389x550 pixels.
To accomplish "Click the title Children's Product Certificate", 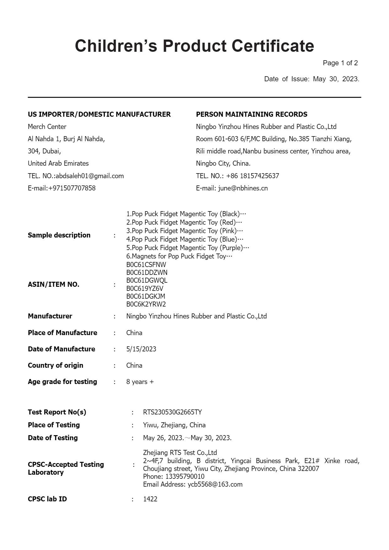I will click(194, 46).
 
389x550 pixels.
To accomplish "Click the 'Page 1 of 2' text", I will click(340, 63).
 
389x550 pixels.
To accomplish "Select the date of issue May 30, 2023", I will click(336, 79).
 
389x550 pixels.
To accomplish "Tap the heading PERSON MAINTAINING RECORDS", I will click(252, 114).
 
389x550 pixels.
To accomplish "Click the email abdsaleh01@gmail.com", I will click(90, 176).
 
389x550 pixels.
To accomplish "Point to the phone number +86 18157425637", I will click(252, 176).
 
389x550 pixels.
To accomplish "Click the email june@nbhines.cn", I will click(243, 188).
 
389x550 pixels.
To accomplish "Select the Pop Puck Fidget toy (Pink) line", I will click(184, 231).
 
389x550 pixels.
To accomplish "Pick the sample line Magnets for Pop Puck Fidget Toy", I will click(179, 256).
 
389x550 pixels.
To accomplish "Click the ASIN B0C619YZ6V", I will click(145, 288).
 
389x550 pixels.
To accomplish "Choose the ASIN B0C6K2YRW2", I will click(146, 304).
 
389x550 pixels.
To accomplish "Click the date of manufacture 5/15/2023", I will click(141, 349).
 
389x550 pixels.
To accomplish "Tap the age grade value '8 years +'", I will click(140, 382).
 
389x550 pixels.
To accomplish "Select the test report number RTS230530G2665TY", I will click(172, 412).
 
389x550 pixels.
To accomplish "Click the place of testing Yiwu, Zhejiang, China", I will click(174, 425).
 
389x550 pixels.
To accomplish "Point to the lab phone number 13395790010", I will click(185, 477).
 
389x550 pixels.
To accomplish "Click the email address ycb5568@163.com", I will click(215, 484).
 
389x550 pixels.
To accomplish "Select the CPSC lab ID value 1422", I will click(150, 499).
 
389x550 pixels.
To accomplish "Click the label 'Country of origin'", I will click(56, 366).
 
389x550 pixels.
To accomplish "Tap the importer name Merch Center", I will click(47, 127).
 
